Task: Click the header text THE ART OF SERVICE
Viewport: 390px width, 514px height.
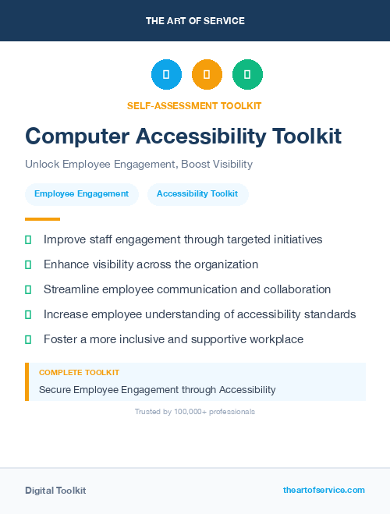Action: (195, 20)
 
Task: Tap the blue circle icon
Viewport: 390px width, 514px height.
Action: (166, 75)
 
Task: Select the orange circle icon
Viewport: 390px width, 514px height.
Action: (207, 75)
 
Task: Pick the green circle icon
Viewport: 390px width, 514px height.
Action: (247, 75)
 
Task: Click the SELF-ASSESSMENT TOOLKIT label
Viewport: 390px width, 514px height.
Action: (195, 105)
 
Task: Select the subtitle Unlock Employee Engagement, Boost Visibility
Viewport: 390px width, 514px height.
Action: (139, 165)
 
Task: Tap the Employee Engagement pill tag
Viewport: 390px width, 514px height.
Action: (81, 194)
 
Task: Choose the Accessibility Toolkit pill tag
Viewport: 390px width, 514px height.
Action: (197, 194)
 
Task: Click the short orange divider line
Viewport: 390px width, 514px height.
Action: (42, 219)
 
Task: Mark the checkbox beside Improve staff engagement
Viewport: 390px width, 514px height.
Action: (28, 239)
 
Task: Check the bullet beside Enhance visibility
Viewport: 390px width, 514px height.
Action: (28, 264)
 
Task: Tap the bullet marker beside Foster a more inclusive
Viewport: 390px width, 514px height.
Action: (28, 339)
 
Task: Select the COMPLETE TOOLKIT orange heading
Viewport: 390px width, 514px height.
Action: (79, 373)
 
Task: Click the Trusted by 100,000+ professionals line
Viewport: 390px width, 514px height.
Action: (195, 411)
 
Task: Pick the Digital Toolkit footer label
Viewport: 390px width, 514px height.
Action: (55, 491)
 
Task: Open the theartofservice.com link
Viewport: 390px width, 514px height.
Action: (324, 490)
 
